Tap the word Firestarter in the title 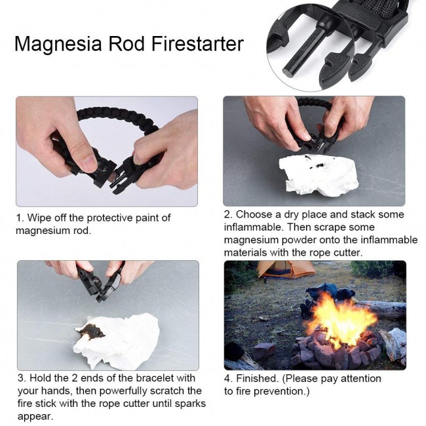(197, 43)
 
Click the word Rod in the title (126, 43)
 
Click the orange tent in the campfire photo (285, 269)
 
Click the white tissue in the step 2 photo (319, 174)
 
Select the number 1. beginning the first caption (20, 218)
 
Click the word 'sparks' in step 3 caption (190, 404)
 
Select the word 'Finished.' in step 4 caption (258, 378)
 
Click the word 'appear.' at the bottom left (35, 416)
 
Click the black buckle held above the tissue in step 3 (101, 284)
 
